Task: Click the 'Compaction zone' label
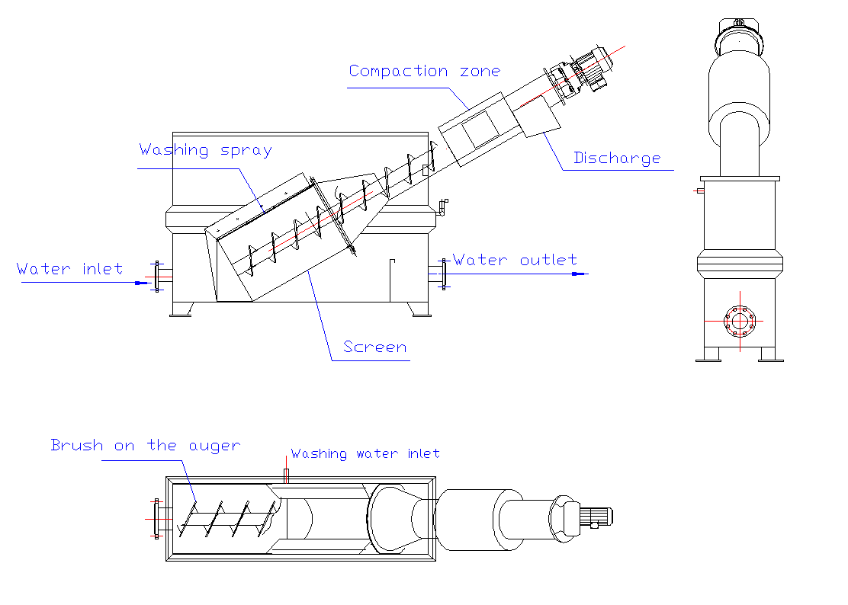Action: (424, 72)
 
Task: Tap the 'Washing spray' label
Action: (205, 150)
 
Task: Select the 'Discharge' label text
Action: (617, 158)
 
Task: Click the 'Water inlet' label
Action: (69, 269)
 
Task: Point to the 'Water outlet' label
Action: (515, 261)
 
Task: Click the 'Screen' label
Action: (374, 347)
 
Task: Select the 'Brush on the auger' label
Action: (145, 446)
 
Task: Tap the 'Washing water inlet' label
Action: (365, 454)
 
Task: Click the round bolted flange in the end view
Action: (739, 320)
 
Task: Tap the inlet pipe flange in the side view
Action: (158, 275)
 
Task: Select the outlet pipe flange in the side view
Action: (443, 274)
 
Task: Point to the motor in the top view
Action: (599, 516)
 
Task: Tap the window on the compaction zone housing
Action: (479, 130)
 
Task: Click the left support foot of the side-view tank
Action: (181, 309)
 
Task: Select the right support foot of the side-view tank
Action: (419, 309)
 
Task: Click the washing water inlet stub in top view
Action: (286, 475)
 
